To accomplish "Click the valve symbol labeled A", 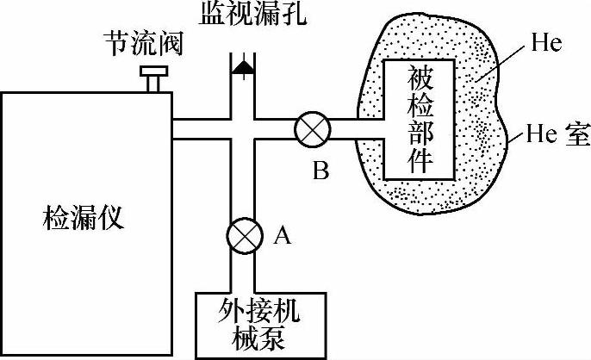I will pyautogui.click(x=243, y=233).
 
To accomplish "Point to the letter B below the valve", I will pyautogui.click(x=320, y=172).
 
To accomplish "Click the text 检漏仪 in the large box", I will pyautogui.click(x=83, y=219).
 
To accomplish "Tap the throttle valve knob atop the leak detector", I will pyautogui.click(x=155, y=79).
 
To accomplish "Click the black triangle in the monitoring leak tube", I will pyautogui.click(x=243, y=66).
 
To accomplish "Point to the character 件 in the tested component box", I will pyautogui.click(x=420, y=160).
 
